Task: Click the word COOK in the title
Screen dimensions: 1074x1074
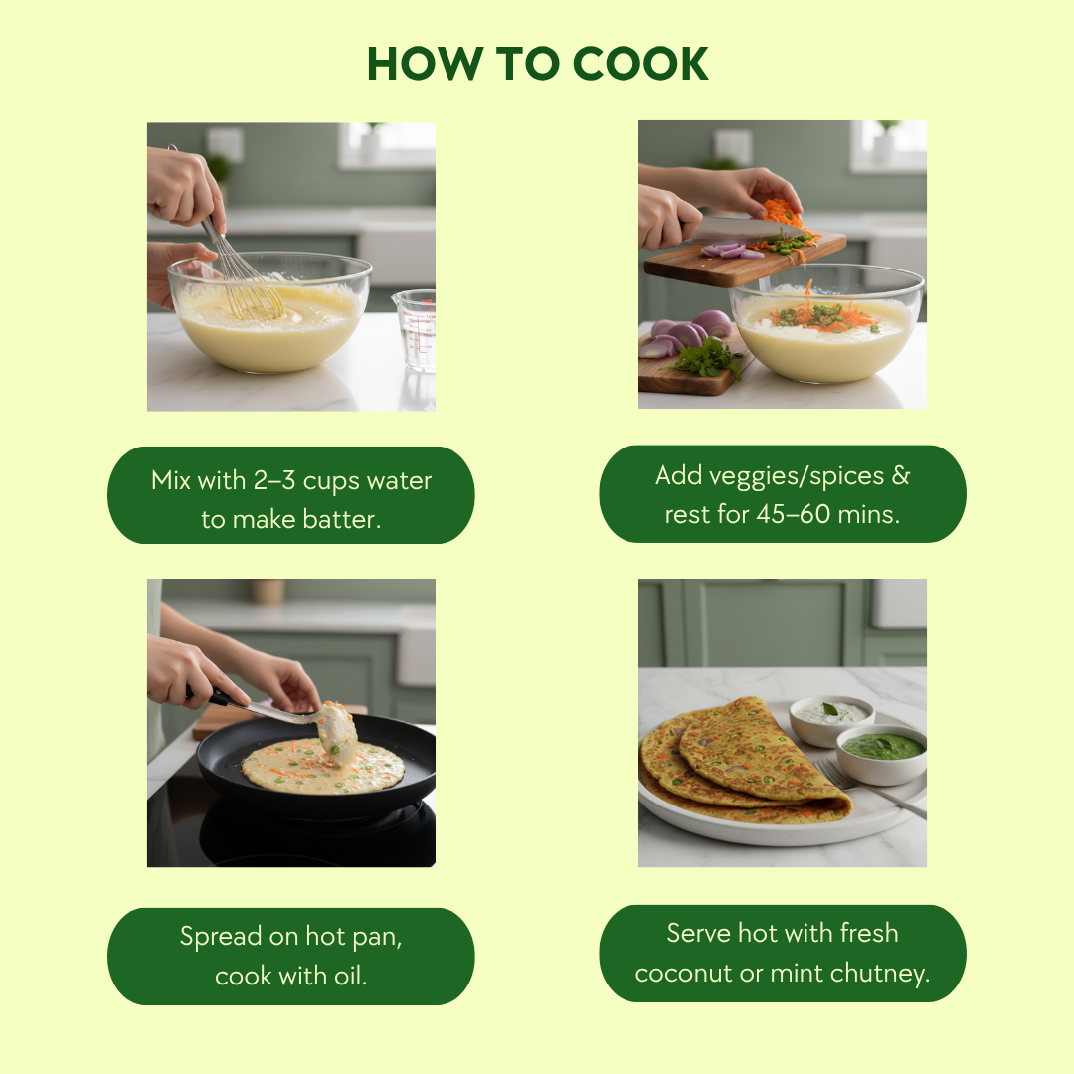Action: point(639,64)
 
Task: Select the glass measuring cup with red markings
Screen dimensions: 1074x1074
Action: point(415,330)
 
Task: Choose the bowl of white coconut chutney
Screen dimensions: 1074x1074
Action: point(831,721)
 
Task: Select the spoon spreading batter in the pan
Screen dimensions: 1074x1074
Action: point(287,719)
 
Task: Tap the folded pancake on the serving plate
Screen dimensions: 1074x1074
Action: point(743,761)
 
